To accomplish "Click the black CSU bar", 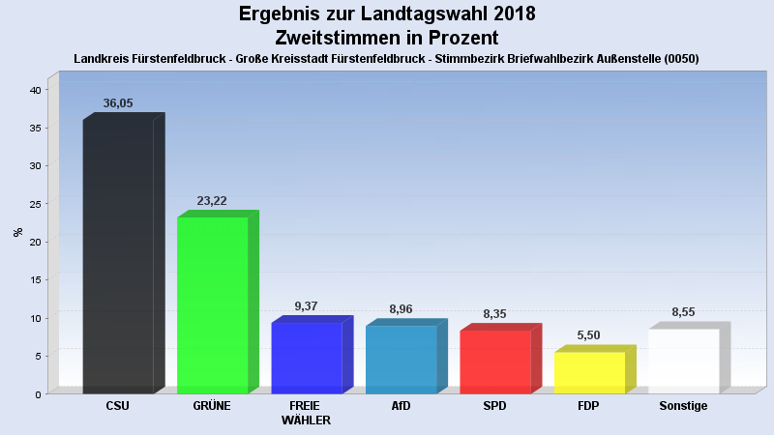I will click(118, 256).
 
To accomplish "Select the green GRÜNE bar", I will click(212, 304).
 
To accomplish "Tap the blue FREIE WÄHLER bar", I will click(307, 358).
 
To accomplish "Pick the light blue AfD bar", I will click(401, 359).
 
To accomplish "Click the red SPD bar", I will click(494, 362).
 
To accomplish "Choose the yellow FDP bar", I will click(589, 372).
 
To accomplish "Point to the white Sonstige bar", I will click(683, 361).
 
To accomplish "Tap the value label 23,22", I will click(212, 200).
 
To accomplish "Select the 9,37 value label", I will click(306, 306).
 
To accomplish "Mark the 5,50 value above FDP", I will click(589, 334).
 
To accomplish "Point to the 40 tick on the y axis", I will click(35, 90).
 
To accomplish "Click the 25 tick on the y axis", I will click(35, 204).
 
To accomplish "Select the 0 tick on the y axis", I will click(38, 394).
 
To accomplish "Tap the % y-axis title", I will click(18, 232).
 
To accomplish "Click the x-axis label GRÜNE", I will click(212, 406).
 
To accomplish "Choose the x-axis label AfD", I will click(401, 406).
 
